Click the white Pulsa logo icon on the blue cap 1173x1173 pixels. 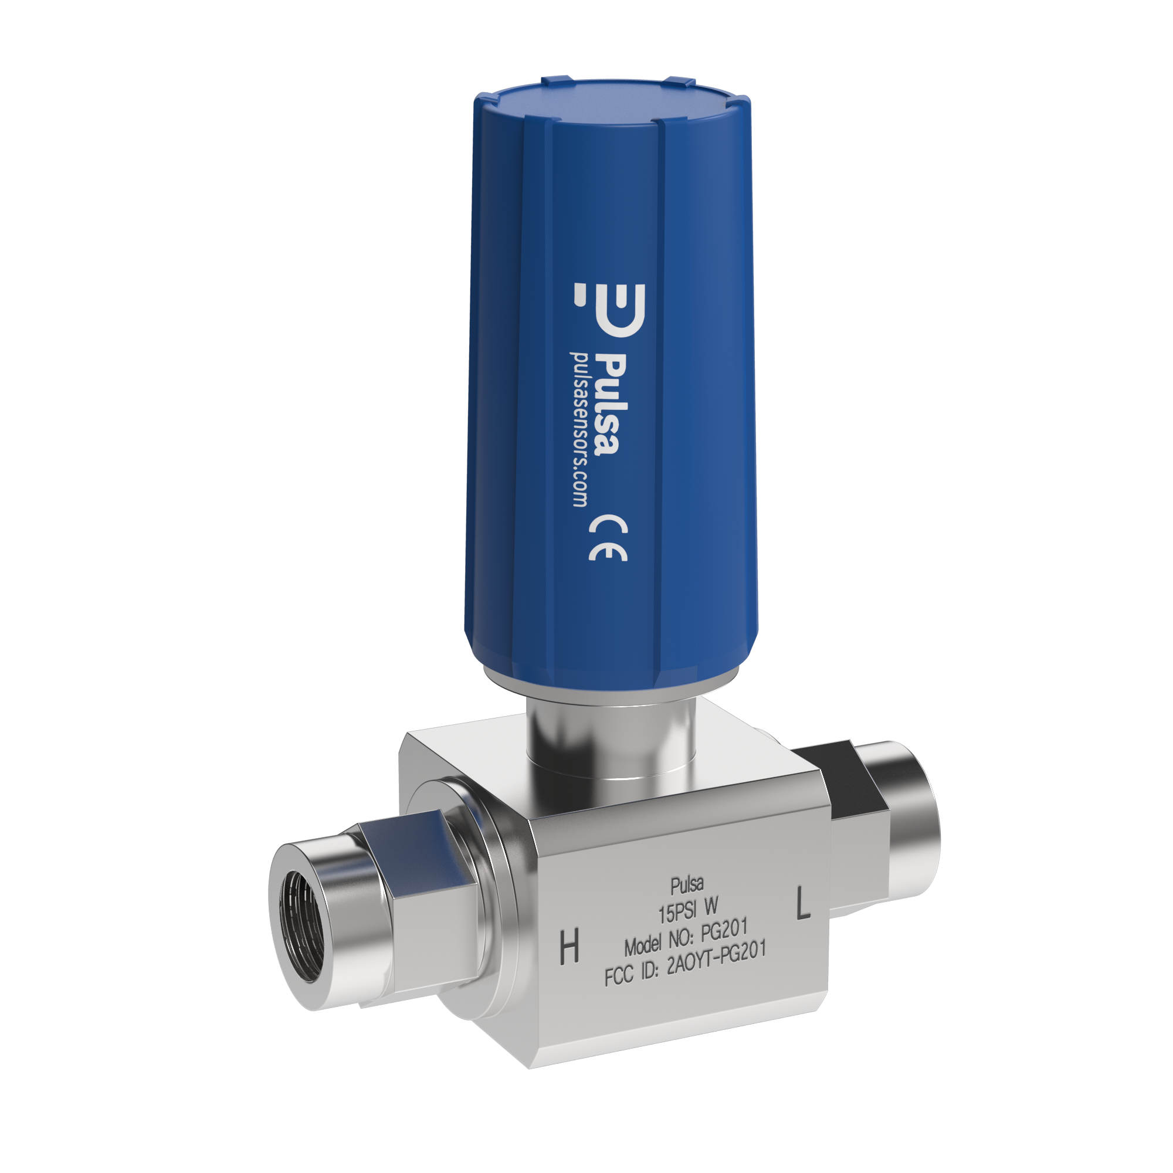pyautogui.click(x=610, y=310)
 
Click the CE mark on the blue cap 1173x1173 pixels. pyautogui.click(x=608, y=538)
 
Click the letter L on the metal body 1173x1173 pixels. pyautogui.click(x=803, y=903)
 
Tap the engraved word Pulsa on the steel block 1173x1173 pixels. pyautogui.click(x=687, y=885)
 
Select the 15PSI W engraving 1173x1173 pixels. pyautogui.click(x=688, y=910)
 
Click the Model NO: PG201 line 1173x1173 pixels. pyautogui.click(x=686, y=938)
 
